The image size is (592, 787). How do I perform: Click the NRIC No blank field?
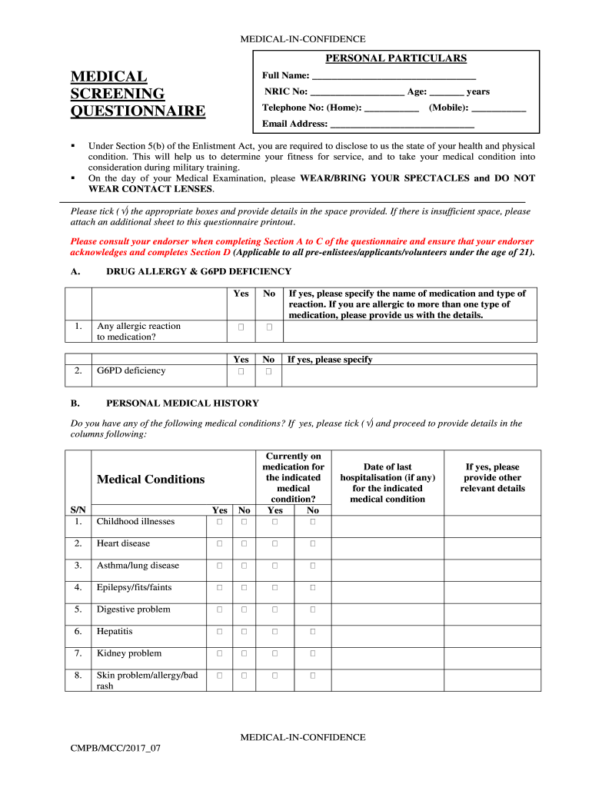(x=357, y=93)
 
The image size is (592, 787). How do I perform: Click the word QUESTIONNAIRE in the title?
(x=138, y=111)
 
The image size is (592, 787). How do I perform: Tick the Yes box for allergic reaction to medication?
(x=241, y=327)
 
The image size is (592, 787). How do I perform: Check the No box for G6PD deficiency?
(x=269, y=372)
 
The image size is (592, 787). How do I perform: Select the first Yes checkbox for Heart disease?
(x=219, y=544)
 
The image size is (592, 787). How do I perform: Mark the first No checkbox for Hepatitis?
(x=244, y=632)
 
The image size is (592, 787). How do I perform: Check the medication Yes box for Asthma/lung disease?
(x=274, y=566)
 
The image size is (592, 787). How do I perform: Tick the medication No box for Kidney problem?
(x=313, y=654)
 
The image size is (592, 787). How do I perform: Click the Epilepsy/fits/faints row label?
(x=134, y=588)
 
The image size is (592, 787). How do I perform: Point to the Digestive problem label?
(x=134, y=609)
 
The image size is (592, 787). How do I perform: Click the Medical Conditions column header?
(x=151, y=480)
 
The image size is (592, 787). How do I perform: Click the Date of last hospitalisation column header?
(x=387, y=483)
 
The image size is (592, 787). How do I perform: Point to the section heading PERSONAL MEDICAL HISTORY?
(x=182, y=403)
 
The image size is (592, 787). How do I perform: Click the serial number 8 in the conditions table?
(x=78, y=676)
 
